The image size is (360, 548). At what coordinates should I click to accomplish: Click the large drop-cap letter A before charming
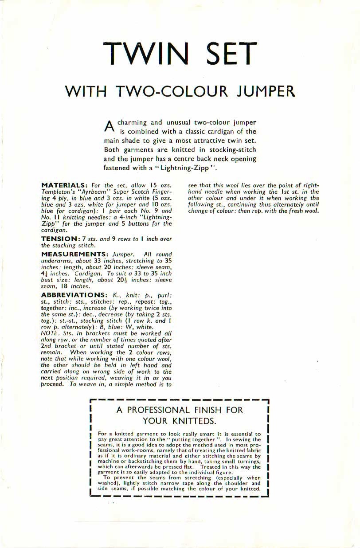[109, 125]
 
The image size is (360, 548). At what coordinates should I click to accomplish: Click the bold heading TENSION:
[60, 239]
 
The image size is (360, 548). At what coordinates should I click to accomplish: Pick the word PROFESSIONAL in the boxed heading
[166, 410]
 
